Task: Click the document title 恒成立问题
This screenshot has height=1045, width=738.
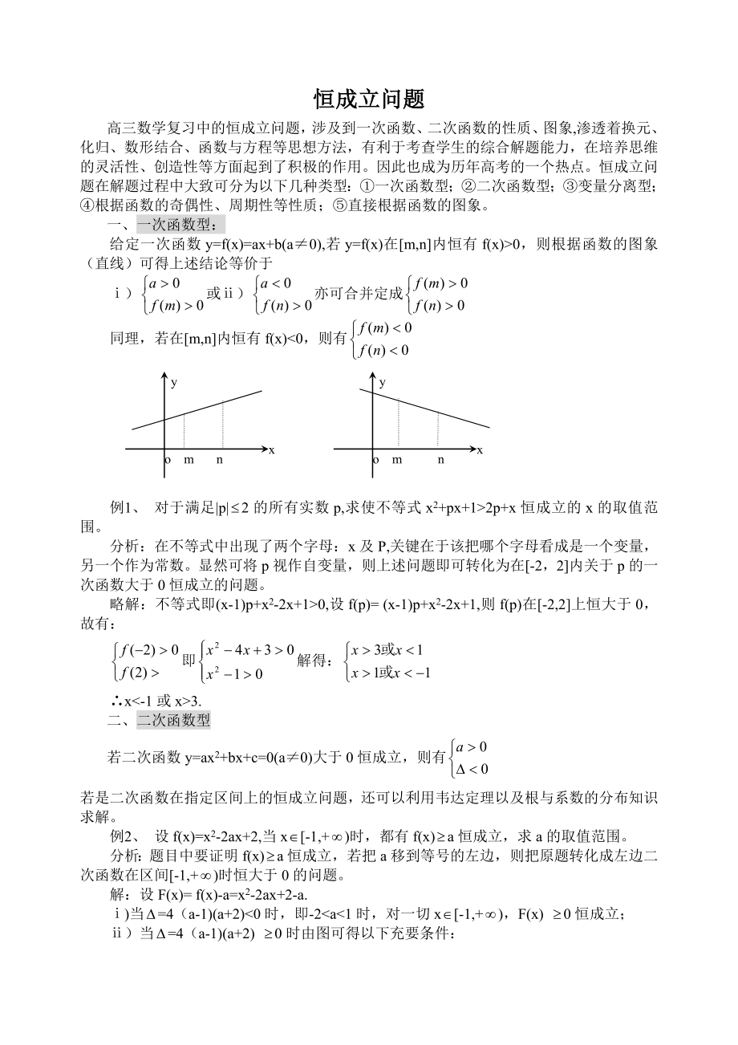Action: (x=368, y=100)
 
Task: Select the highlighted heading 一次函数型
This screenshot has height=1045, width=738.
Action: (x=180, y=225)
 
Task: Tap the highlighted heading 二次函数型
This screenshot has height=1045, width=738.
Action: (x=173, y=719)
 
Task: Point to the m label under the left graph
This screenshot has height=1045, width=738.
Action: (x=189, y=460)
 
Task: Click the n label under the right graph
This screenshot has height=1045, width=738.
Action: (x=440, y=460)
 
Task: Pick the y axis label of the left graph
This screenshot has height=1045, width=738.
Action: (x=174, y=382)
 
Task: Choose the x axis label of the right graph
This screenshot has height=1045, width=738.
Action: (x=480, y=449)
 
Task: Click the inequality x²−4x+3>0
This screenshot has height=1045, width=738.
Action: (x=250, y=650)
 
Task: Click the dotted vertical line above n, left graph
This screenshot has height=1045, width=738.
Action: (x=222, y=425)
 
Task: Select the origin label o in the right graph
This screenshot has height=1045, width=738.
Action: (x=375, y=460)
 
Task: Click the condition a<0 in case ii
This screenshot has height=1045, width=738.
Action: (x=275, y=283)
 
